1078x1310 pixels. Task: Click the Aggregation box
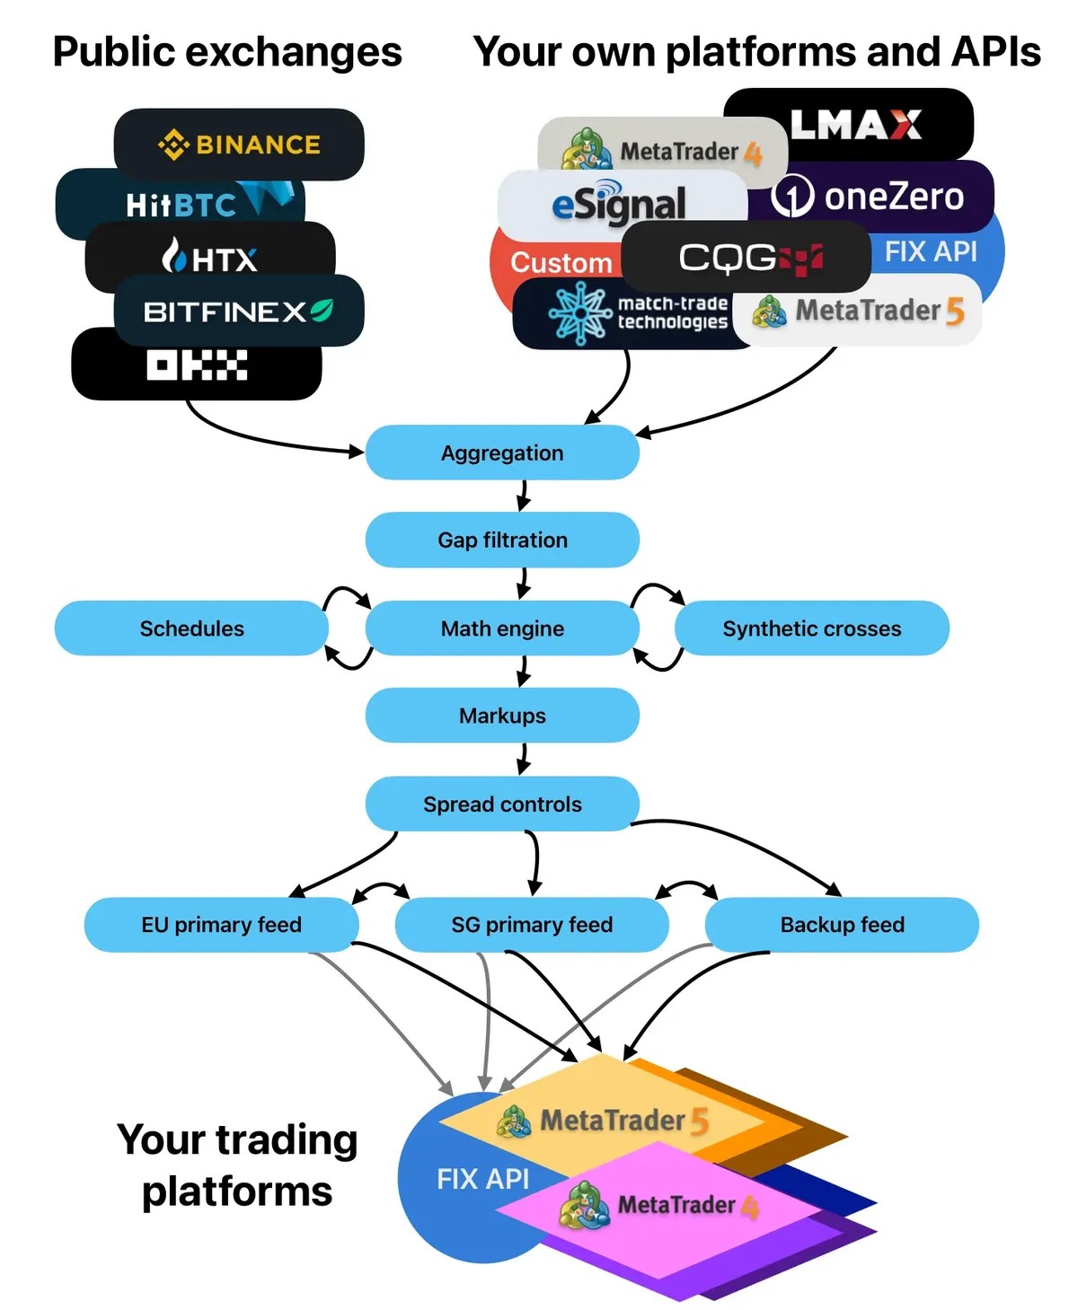pyautogui.click(x=502, y=453)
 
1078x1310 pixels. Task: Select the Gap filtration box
pyautogui.click(x=502, y=540)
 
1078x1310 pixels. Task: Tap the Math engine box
pyautogui.click(x=502, y=629)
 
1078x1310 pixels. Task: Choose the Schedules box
pyautogui.click(x=191, y=629)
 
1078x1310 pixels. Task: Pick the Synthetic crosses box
pyautogui.click(x=811, y=629)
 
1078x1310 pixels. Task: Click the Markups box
pyautogui.click(x=502, y=716)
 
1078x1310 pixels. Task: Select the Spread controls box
pyautogui.click(x=502, y=804)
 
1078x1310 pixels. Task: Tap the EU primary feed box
pyautogui.click(x=221, y=924)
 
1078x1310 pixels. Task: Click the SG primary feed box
pyautogui.click(x=532, y=924)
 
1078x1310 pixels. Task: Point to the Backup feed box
pyautogui.click(x=842, y=924)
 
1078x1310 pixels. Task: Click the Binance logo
pyautogui.click(x=239, y=145)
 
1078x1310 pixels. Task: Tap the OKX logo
pyautogui.click(x=197, y=365)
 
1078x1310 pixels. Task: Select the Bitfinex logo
pyautogui.click(x=239, y=312)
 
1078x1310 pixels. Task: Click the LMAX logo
pyautogui.click(x=856, y=125)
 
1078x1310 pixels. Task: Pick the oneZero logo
pyautogui.click(x=868, y=197)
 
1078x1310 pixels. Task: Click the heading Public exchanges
pyautogui.click(x=227, y=52)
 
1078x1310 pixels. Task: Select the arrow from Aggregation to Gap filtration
pyautogui.click(x=523, y=495)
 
